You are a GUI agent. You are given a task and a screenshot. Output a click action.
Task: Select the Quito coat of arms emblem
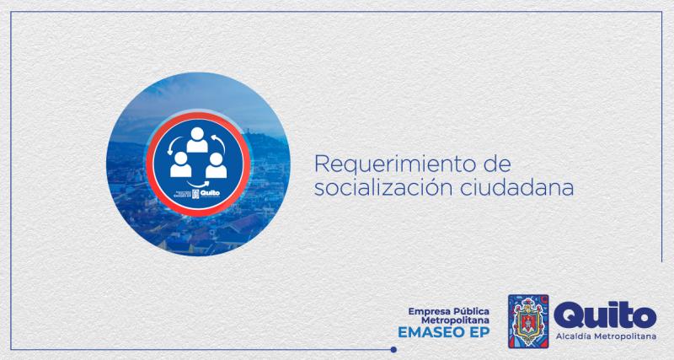(528, 322)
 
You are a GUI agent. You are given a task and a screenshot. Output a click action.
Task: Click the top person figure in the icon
(197, 139)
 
